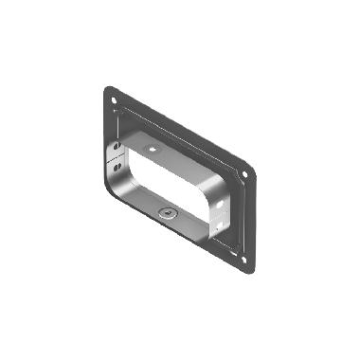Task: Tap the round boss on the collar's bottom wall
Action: tap(167, 213)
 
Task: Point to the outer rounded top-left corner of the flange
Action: tap(105, 89)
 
